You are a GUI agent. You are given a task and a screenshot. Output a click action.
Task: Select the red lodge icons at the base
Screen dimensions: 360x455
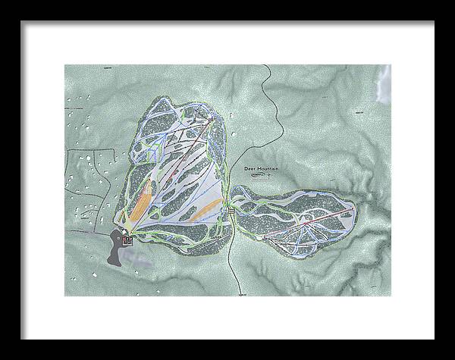point(127,241)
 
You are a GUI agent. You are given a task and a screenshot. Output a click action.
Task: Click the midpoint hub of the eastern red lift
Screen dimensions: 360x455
point(305,224)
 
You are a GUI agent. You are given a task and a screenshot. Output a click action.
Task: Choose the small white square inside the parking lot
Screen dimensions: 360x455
point(123,237)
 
